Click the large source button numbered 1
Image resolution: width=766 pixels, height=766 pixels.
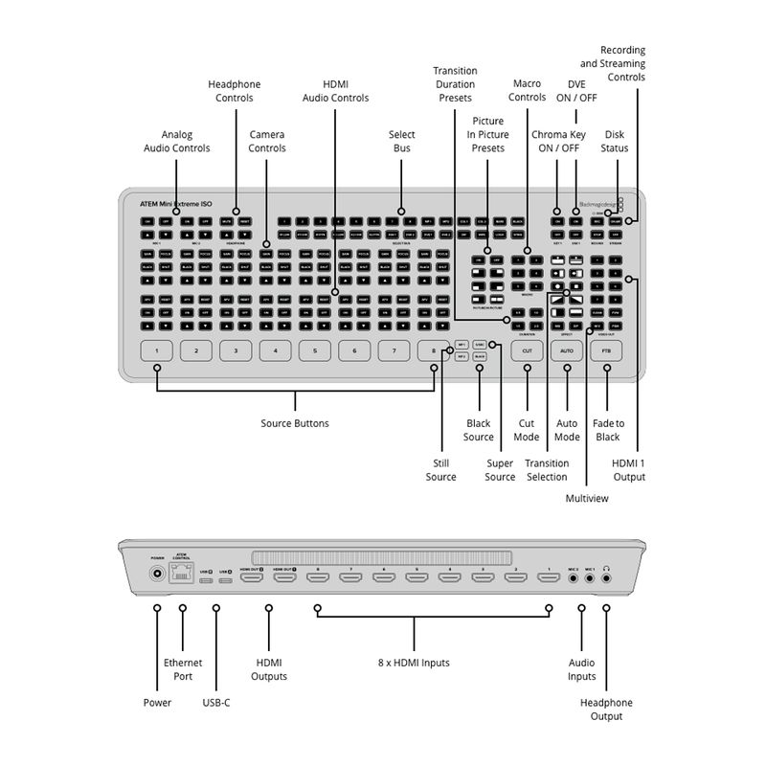(x=156, y=351)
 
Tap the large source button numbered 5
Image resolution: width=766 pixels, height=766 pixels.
(x=314, y=351)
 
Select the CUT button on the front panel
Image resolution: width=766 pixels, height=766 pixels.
(x=527, y=351)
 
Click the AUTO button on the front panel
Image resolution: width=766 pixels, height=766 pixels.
(x=566, y=351)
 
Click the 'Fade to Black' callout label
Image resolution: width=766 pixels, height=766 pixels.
(x=608, y=430)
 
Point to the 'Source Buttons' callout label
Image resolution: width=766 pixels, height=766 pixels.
(x=295, y=423)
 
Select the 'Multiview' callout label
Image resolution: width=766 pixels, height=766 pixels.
(x=587, y=498)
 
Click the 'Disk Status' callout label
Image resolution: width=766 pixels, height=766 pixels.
(x=615, y=142)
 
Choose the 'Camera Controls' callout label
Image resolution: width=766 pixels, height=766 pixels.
(x=267, y=142)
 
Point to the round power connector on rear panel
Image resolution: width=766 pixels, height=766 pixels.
(x=157, y=575)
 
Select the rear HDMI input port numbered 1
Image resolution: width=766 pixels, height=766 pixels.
(x=548, y=578)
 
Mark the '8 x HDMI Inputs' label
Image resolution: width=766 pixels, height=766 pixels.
(x=414, y=663)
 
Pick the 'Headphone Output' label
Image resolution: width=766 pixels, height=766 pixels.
(x=606, y=710)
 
